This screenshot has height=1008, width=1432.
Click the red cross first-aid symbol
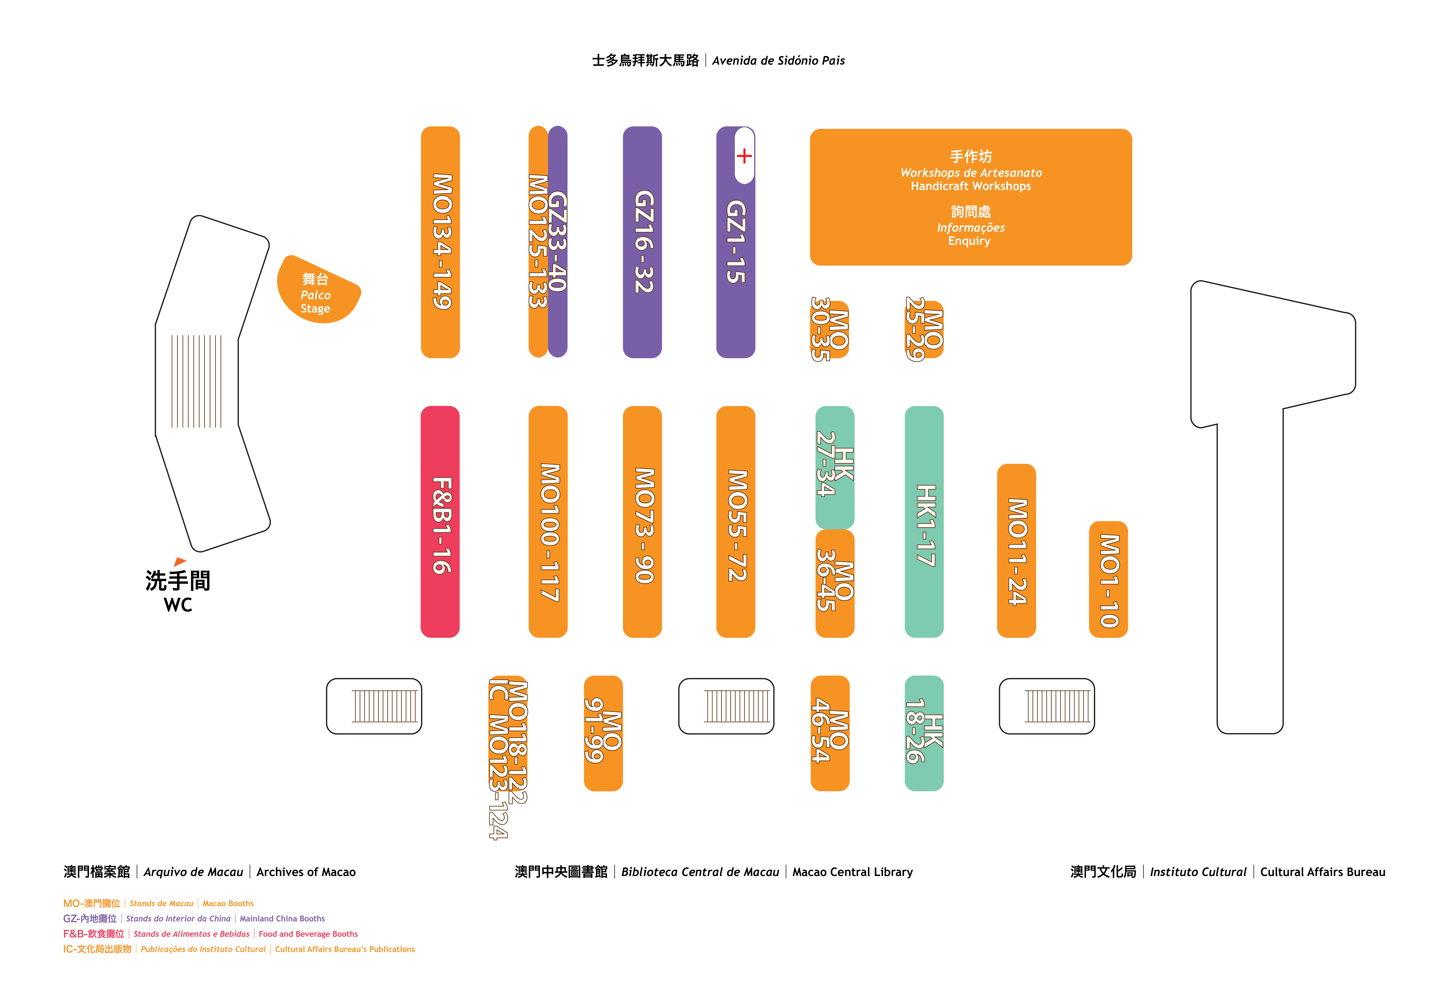[744, 156]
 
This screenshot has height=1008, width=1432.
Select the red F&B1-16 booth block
[440, 521]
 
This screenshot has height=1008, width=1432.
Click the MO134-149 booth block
[440, 242]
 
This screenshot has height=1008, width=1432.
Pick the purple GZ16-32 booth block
[642, 242]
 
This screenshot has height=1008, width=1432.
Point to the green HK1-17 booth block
[924, 521]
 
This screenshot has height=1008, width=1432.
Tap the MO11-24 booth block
[1017, 551]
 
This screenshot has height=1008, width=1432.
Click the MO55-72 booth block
[736, 521]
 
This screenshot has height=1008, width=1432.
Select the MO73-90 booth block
[642, 521]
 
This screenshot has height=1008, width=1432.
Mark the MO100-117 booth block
[548, 521]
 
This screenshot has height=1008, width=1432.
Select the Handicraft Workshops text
[971, 186]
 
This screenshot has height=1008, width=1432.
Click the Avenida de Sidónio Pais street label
[778, 60]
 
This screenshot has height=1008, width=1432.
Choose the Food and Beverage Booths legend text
[308, 934]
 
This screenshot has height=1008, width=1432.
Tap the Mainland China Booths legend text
[282, 919]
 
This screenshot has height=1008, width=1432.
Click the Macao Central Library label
[853, 872]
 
